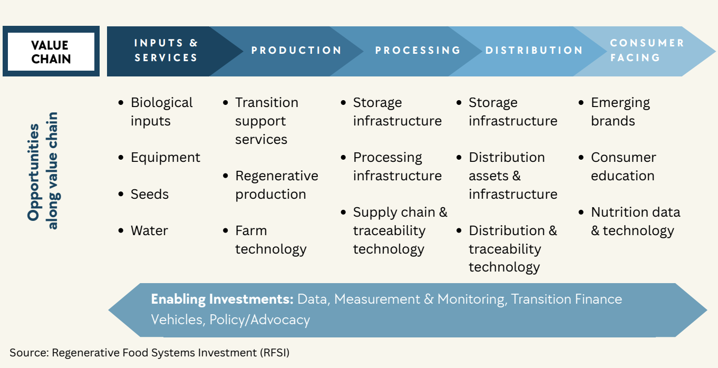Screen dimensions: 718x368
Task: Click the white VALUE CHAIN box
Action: pyautogui.click(x=51, y=51)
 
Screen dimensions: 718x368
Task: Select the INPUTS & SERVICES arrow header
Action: pyautogui.click(x=166, y=50)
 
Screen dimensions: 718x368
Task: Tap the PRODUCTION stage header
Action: pyautogui.click(x=296, y=50)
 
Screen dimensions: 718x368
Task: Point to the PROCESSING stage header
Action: pyautogui.click(x=418, y=50)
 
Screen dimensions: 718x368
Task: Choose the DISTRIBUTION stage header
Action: pyautogui.click(x=534, y=50)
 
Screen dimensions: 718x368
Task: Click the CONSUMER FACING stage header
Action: pyautogui.click(x=647, y=50)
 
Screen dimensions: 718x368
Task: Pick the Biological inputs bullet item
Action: pyautogui.click(x=161, y=112)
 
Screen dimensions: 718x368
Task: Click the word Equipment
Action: pyautogui.click(x=165, y=158)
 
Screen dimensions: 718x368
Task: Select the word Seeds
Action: pyautogui.click(x=149, y=194)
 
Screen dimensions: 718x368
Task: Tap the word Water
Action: pyautogui.click(x=149, y=231)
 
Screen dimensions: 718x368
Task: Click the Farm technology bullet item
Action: pyautogui.click(x=270, y=240)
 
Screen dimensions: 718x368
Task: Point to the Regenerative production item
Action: pyautogui.click(x=277, y=185)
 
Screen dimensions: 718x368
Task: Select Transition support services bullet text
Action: pyautogui.click(x=267, y=121)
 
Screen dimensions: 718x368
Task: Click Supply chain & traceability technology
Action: pyautogui.click(x=400, y=230)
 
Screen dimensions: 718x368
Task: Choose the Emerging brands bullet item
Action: pyautogui.click(x=620, y=112)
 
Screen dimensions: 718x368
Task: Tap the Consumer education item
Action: pyautogui.click(x=623, y=167)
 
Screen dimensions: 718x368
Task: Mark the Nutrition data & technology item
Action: pyautogui.click(x=635, y=221)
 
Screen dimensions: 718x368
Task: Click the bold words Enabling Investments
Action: pyautogui.click(x=222, y=299)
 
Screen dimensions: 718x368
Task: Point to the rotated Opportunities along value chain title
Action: pyautogui.click(x=43, y=171)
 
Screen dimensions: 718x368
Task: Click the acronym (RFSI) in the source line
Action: pyautogui.click(x=275, y=353)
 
